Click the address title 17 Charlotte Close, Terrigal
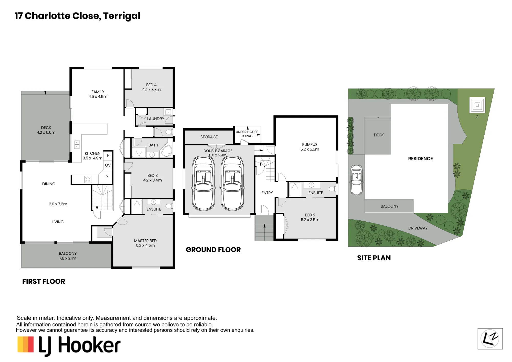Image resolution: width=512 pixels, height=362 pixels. point(77,16)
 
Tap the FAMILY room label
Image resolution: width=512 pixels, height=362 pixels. point(98,92)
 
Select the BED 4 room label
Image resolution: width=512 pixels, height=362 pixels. point(151,85)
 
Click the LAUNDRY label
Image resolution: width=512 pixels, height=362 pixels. point(156,119)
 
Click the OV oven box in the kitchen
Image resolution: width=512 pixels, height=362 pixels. point(108,165)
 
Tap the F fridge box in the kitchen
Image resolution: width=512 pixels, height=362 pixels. point(108,155)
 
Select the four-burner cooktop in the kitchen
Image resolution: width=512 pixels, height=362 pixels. point(88,179)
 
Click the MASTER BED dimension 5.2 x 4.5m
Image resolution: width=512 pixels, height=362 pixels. point(145,246)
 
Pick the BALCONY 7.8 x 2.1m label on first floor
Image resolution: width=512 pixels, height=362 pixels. point(68,256)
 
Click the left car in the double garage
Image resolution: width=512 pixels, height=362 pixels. point(204,184)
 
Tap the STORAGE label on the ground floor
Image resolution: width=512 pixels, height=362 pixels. point(209,137)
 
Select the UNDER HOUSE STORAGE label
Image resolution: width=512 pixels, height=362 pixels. point(247,134)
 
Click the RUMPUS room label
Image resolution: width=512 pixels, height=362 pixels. point(310,145)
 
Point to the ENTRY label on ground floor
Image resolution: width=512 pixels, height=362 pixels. point(267,193)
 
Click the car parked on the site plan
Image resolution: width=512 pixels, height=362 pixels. point(356,180)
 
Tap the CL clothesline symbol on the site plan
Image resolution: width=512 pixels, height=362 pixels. point(477,105)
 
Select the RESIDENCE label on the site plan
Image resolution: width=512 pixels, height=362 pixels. point(420,159)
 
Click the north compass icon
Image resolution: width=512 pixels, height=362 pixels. point(490,339)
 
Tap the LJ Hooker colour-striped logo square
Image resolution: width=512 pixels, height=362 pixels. point(26,344)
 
